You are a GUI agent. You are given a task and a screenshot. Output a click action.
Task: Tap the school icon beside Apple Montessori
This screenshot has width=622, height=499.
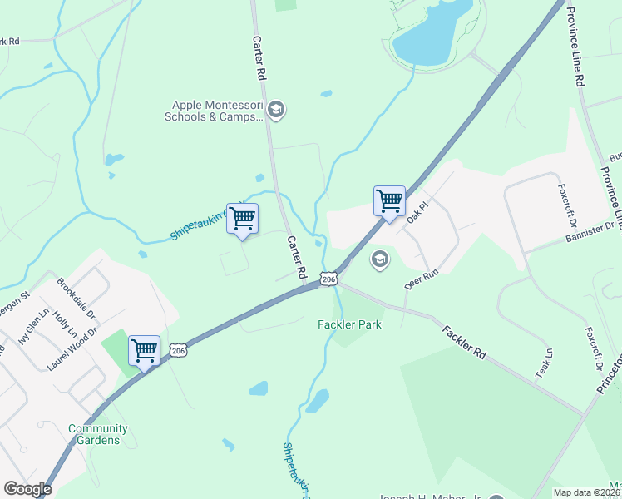point(278,111)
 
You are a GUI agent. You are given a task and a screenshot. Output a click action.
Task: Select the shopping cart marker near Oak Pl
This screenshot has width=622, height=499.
point(389,201)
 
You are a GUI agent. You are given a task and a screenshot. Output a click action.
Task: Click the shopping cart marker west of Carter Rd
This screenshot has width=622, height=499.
point(242,219)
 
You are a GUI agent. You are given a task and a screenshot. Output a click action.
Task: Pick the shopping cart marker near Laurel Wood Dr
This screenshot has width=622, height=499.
point(144,350)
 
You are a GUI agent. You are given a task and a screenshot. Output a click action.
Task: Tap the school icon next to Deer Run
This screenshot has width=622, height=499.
point(380,259)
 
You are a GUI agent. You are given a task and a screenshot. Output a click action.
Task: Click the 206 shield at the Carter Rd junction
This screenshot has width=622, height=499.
point(328,279)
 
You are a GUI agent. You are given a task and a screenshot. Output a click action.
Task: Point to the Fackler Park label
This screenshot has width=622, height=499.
point(350,324)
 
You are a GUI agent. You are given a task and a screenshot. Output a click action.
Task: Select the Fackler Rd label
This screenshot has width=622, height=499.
point(464,341)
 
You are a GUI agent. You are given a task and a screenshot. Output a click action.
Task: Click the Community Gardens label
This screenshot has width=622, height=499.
point(98,434)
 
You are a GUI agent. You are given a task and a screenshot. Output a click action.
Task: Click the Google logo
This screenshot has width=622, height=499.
point(28,489)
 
